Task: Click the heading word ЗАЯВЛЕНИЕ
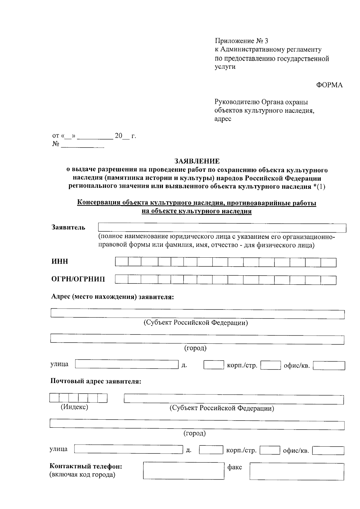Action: tap(197, 161)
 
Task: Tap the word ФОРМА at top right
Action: tap(329, 85)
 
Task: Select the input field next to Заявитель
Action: tap(222, 228)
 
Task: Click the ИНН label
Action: tap(60, 262)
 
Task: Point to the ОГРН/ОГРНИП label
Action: tap(78, 279)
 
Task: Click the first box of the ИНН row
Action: tap(121, 262)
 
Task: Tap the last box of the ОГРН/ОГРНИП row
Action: tap(328, 280)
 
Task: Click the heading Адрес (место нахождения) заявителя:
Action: tap(112, 297)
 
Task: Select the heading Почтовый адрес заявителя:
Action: tap(95, 382)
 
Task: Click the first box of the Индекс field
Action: tap(54, 398)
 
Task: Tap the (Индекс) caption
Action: tap(74, 407)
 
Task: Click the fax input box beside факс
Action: tap(297, 471)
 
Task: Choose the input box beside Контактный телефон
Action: tap(184, 471)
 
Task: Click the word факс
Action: tap(235, 467)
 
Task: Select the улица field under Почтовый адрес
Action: tap(128, 449)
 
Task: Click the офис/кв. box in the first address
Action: tap(329, 365)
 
